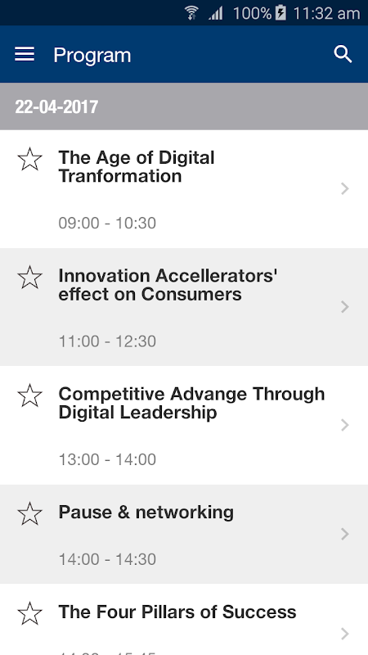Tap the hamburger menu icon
[25, 54]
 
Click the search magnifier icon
[343, 54]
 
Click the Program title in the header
[92, 55]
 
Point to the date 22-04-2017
[56, 107]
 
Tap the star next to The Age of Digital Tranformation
[30, 159]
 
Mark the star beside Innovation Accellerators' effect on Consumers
[30, 278]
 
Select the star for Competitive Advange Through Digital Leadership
[30, 395]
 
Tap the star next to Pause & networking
[30, 514]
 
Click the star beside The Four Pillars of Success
[30, 613]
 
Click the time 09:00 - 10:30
[107, 223]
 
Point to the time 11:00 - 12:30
[107, 341]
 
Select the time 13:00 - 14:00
[107, 459]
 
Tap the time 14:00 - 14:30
[107, 559]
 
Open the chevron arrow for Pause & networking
[344, 534]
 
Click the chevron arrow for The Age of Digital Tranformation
[344, 189]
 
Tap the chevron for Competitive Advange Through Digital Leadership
[344, 425]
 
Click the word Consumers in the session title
[191, 294]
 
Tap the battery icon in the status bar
[280, 13]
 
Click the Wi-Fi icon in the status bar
[191, 13]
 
